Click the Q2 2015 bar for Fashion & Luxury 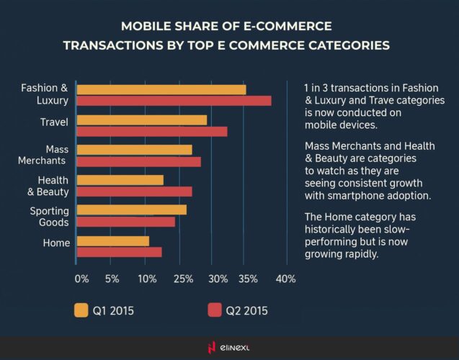(174, 101)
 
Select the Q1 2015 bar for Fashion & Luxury (161, 89)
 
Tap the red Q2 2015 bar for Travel (151, 131)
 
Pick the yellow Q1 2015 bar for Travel (141, 120)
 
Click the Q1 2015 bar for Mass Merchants (134, 150)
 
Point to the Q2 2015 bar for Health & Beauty (134, 192)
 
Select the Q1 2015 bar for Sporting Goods (131, 210)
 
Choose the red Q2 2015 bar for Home (119, 252)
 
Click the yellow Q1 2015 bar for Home (112, 240)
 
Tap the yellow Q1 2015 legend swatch (81, 310)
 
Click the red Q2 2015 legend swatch (214, 310)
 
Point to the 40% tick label (286, 279)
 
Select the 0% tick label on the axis (81, 279)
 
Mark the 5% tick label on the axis (112, 279)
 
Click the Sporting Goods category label (49, 216)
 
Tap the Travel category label (54, 122)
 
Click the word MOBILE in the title (148, 27)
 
